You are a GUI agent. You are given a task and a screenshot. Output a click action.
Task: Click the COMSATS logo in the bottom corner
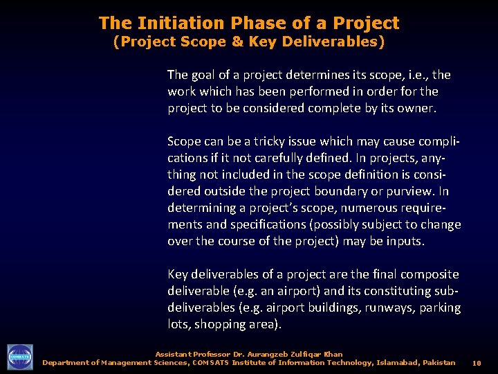pyautogui.click(x=19, y=357)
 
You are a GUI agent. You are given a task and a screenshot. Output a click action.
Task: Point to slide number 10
pyautogui.click(x=477, y=363)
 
